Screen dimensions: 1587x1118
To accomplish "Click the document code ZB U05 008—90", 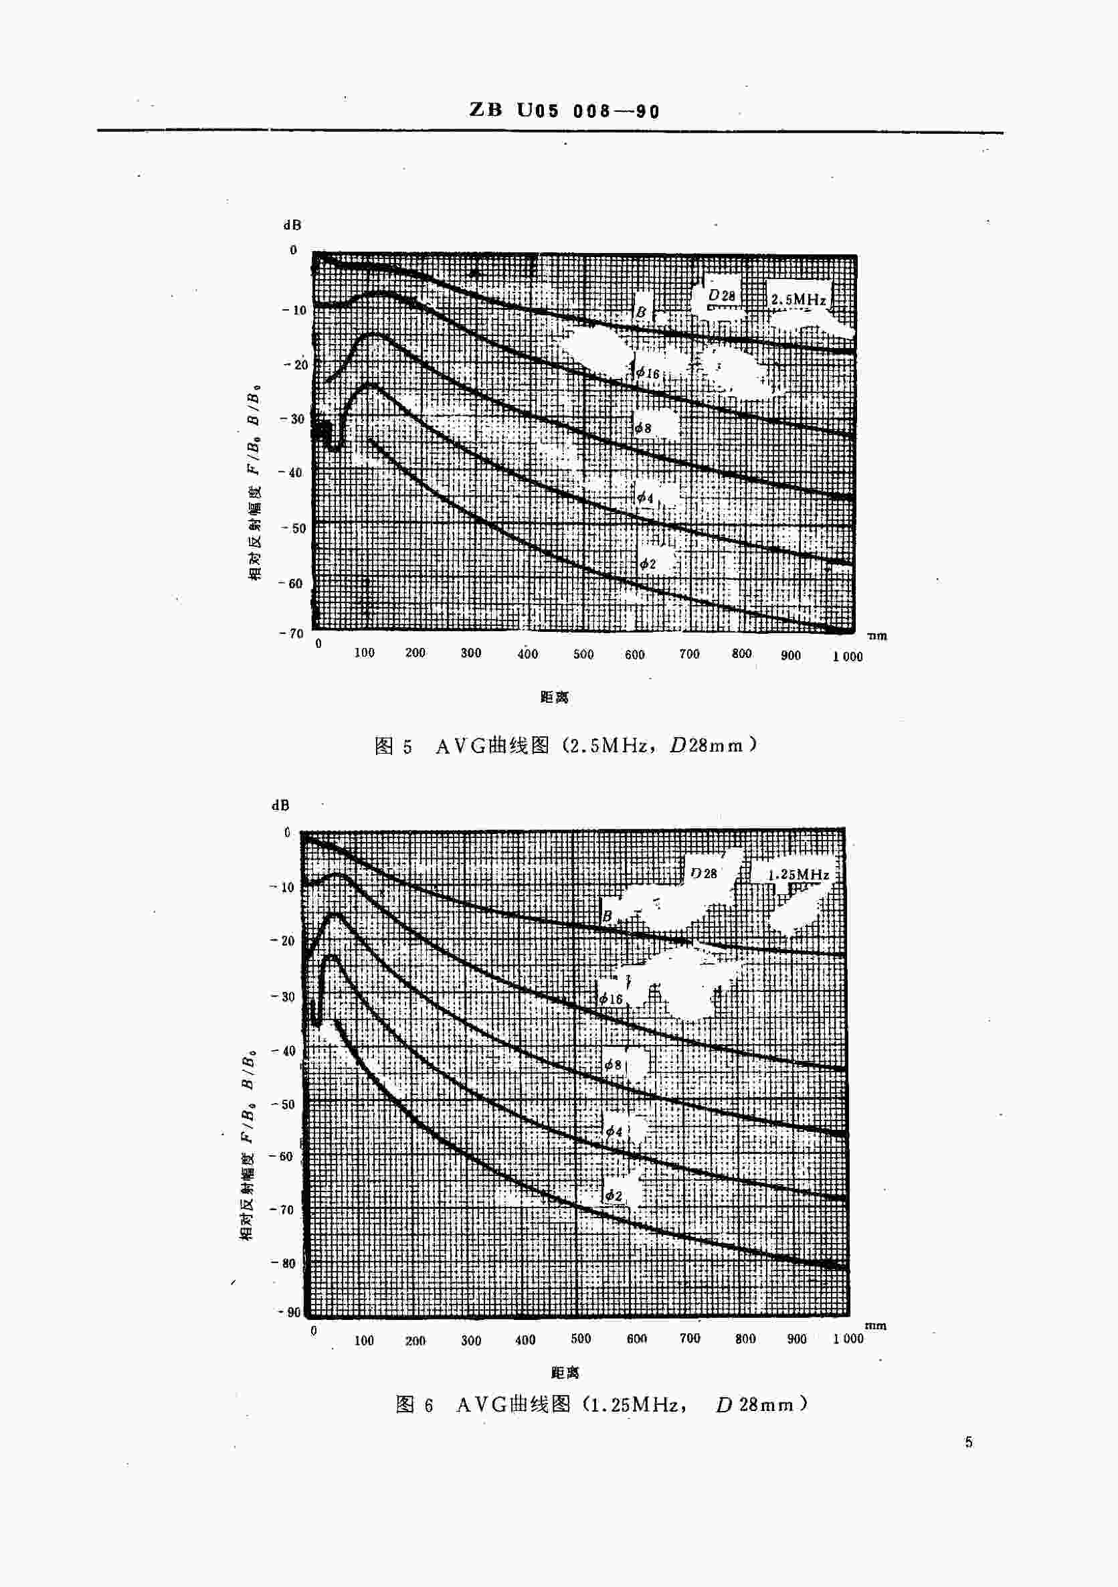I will [565, 110].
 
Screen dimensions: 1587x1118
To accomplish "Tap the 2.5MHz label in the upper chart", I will [798, 299].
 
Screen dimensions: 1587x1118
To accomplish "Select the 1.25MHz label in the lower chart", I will [799, 874].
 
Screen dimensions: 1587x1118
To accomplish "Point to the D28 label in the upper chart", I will [722, 296].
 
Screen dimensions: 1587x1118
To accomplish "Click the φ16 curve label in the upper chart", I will [648, 373].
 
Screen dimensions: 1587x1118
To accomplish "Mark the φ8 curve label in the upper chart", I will [643, 428].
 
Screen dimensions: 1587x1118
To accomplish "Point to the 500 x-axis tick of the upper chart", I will [583, 654].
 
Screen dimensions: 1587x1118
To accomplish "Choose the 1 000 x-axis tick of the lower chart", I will [848, 1338].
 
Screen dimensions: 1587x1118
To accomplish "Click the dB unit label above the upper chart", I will [292, 225].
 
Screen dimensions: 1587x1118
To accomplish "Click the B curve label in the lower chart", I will [608, 916].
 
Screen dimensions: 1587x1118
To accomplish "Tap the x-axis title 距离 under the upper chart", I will [554, 697].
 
